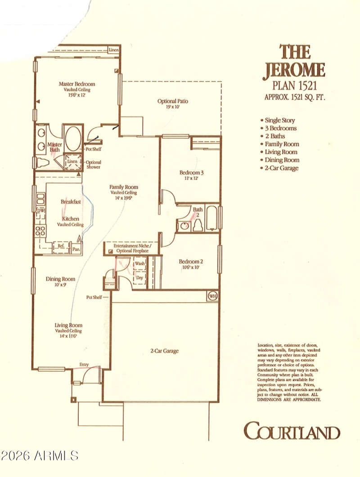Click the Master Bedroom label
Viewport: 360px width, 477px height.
click(77, 84)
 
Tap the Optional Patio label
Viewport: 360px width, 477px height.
click(172, 101)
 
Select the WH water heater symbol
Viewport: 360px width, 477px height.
click(212, 296)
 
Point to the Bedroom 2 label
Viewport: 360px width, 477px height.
click(191, 262)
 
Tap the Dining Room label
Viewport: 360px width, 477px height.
click(60, 279)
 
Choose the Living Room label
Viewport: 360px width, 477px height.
click(68, 325)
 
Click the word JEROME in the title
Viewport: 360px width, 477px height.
click(293, 70)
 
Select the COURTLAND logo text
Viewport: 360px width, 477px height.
click(292, 432)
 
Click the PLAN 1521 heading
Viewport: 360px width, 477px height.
click(293, 85)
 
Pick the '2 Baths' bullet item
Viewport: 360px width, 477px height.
click(274, 136)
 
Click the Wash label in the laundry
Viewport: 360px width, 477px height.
click(140, 263)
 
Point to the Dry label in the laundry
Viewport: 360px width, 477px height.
click(139, 278)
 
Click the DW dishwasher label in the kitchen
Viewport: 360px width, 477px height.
click(40, 211)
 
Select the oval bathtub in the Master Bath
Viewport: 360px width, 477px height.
click(73, 139)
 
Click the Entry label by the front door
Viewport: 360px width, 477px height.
click(84, 365)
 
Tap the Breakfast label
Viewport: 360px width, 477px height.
click(71, 202)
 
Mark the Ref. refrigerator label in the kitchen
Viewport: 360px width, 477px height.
click(60, 246)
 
